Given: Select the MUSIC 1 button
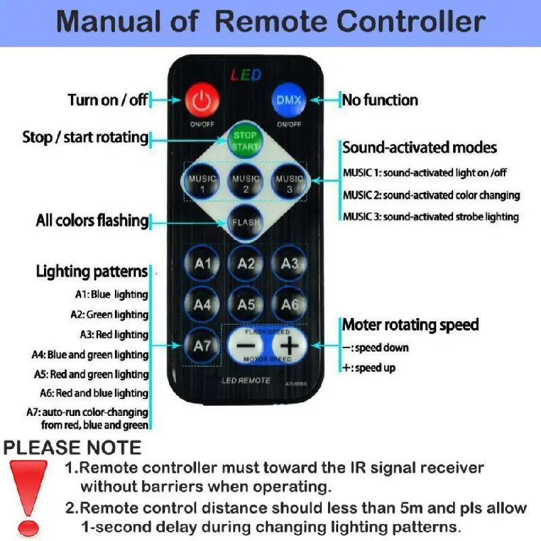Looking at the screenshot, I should [x=202, y=183].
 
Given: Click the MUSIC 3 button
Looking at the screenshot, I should [x=289, y=183].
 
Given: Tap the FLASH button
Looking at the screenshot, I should [x=245, y=223].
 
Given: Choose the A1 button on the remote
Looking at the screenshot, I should [x=202, y=264].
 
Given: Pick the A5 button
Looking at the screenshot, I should [x=245, y=304].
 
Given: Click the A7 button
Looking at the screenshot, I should [x=202, y=346].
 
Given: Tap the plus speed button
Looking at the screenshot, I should [x=289, y=346].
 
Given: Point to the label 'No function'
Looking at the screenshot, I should [x=379, y=100].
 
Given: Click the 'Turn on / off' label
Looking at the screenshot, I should [x=108, y=100].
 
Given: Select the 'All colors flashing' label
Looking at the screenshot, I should [x=92, y=220].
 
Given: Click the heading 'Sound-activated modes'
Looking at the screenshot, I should [x=419, y=147].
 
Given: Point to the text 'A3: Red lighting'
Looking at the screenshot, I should [x=114, y=334].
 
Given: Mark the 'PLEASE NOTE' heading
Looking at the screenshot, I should [x=72, y=448].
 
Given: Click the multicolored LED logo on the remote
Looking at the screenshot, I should [x=245, y=74].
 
